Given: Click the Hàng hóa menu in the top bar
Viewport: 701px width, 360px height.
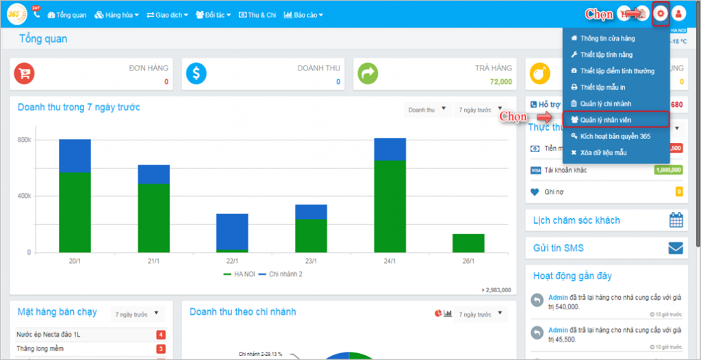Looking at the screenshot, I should pos(116,14).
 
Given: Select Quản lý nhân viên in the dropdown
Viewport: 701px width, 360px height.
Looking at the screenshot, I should pos(606,120).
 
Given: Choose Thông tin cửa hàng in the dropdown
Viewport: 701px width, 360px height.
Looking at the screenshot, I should pos(607,38).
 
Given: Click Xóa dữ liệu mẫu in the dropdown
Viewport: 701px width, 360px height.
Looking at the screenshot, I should pos(603,153).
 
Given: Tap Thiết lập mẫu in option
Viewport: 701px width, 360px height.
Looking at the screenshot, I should pos(602,88).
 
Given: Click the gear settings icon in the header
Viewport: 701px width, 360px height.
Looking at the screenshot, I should pos(660,14).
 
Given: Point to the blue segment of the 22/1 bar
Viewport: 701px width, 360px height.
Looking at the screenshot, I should pos(232,231).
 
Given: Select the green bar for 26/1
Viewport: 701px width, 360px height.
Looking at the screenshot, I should pos(468,243).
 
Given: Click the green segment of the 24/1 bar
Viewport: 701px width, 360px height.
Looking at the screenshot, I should pos(390,205).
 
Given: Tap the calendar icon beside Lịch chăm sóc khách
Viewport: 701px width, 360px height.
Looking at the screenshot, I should pos(676,220).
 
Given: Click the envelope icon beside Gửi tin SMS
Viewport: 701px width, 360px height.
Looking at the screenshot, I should pos(676,248).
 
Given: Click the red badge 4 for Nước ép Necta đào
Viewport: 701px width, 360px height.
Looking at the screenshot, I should pos(160,335).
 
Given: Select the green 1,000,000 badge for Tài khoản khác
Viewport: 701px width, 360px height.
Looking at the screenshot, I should pos(667,170).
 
